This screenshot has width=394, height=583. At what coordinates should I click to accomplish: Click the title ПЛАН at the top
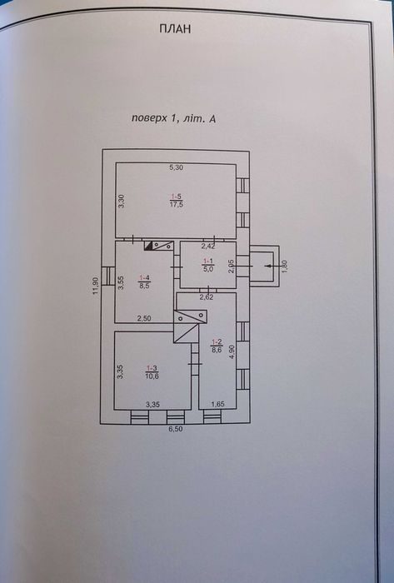pyautogui.click(x=175, y=29)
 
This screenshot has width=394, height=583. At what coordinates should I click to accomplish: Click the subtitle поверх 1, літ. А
pyautogui.click(x=173, y=118)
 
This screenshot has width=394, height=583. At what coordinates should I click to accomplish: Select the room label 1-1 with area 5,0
pyautogui.click(x=207, y=266)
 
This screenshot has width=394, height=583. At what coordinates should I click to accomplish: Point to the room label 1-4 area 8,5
pyautogui.click(x=144, y=282)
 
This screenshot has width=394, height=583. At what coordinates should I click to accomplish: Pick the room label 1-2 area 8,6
pyautogui.click(x=217, y=346)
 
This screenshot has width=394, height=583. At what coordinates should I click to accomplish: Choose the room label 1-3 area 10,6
pyautogui.click(x=152, y=371)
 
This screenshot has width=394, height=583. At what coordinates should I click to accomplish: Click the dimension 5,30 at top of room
pyautogui.click(x=177, y=167)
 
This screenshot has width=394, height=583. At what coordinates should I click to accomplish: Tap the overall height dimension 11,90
pyautogui.click(x=96, y=287)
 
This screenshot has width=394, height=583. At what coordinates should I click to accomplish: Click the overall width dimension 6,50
pyautogui.click(x=177, y=429)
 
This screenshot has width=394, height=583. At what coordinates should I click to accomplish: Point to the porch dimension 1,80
pyautogui.click(x=285, y=267)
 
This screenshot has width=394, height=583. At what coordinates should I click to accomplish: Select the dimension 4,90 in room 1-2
pyautogui.click(x=232, y=351)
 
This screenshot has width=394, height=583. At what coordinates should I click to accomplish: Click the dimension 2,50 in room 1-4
pyautogui.click(x=144, y=318)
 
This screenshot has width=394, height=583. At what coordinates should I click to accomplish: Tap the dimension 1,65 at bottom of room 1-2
pyautogui.click(x=217, y=404)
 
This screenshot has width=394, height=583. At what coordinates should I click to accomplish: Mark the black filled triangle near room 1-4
pyautogui.click(x=148, y=246)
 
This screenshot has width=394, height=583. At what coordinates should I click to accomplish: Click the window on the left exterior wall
pyautogui.click(x=107, y=276)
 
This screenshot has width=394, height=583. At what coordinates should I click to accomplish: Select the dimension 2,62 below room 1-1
pyautogui.click(x=206, y=296)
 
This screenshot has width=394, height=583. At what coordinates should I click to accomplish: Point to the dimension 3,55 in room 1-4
pyautogui.click(x=120, y=282)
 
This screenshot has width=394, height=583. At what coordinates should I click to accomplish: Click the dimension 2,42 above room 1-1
pyautogui.click(x=208, y=246)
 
